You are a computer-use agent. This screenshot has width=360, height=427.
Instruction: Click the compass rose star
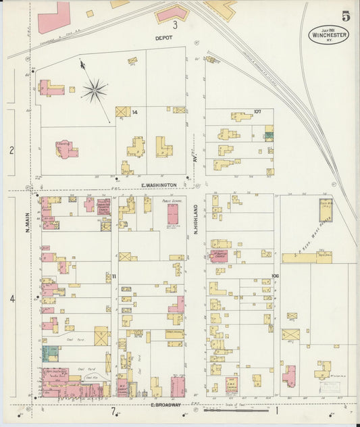95,89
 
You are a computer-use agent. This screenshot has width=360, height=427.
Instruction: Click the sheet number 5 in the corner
346,16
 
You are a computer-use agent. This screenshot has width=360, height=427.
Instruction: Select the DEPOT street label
163,38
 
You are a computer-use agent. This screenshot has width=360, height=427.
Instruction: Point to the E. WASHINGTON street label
159,184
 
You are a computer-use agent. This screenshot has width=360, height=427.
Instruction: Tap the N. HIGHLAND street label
195,219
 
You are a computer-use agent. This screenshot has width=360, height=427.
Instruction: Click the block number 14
134,111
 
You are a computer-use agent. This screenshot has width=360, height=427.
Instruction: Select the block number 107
257,111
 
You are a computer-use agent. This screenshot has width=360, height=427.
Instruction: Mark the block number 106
275,275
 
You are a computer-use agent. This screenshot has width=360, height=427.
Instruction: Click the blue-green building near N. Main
50,353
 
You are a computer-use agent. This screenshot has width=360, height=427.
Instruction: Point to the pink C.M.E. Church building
232,386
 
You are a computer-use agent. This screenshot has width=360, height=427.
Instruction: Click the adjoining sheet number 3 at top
174,25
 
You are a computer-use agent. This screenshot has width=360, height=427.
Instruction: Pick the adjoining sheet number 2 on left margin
11,150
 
